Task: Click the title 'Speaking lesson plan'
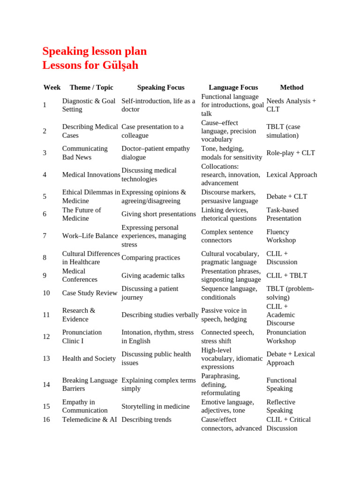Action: click(x=94, y=51)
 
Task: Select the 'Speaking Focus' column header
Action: click(x=160, y=87)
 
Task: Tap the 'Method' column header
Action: click(x=292, y=87)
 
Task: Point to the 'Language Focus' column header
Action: click(x=233, y=87)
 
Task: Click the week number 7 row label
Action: click(x=45, y=236)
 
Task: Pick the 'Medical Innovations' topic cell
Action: click(x=91, y=175)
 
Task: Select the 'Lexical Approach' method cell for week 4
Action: click(x=292, y=175)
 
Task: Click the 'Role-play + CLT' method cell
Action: click(x=291, y=153)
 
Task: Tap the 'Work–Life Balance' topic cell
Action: click(x=90, y=236)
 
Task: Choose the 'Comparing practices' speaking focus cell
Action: click(x=150, y=258)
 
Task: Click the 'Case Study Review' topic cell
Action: click(x=90, y=293)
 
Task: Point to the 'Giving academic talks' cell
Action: click(x=153, y=276)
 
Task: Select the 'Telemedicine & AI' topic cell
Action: click(x=90, y=420)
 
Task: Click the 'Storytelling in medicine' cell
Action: click(x=156, y=406)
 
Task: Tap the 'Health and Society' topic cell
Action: click(x=89, y=359)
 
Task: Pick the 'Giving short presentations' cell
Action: click(x=158, y=214)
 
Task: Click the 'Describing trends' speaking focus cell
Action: click(x=146, y=420)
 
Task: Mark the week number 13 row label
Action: click(x=46, y=359)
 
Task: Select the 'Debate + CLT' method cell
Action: click(x=287, y=196)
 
